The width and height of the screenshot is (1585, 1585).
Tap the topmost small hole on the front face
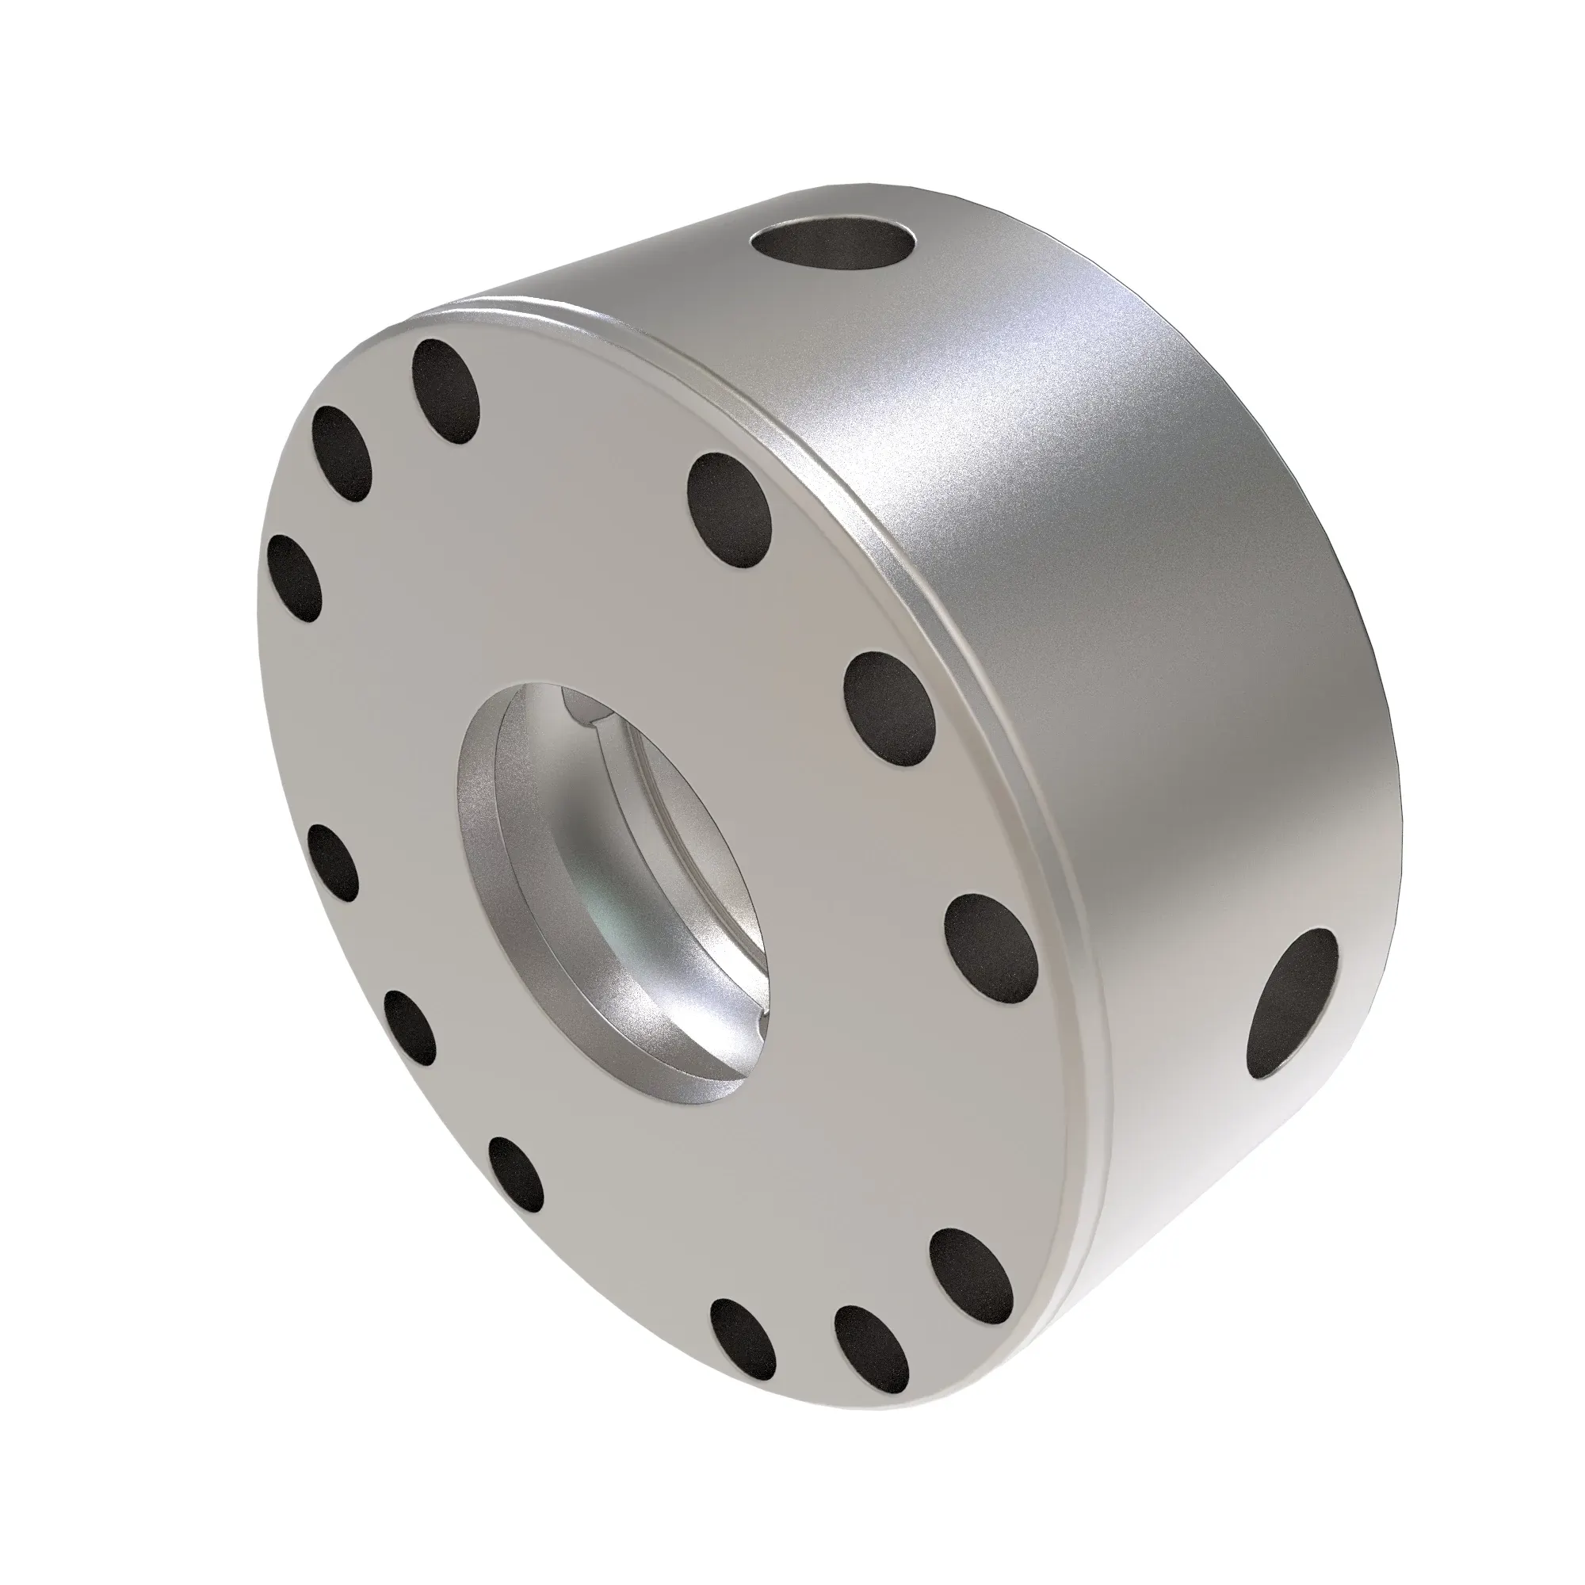pos(445,392)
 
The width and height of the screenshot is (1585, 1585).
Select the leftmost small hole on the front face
pos(295,577)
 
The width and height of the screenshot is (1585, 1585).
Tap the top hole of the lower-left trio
pos(332,861)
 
